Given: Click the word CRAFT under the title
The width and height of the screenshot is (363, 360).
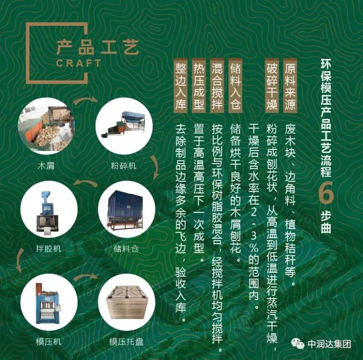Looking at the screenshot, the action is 79,63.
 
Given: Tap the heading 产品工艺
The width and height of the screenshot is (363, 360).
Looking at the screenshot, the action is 97,47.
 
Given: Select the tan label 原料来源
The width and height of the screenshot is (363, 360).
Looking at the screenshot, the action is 290,86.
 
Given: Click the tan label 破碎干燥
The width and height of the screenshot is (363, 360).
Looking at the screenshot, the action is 272,86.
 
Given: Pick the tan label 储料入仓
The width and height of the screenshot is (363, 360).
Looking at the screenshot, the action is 235,86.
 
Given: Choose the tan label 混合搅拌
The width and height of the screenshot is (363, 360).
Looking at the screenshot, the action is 217,86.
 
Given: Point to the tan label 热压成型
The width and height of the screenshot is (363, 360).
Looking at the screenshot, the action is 199,86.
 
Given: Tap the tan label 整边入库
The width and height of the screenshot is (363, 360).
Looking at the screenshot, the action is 180,86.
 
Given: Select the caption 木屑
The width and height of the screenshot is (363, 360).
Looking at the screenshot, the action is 46,166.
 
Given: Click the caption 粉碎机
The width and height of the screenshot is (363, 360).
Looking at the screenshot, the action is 124,166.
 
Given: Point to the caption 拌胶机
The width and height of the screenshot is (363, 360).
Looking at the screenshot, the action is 48,249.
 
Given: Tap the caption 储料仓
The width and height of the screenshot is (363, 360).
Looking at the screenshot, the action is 126,249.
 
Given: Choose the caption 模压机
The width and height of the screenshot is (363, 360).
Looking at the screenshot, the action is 48,341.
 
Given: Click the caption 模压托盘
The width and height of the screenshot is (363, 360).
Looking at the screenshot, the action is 127,341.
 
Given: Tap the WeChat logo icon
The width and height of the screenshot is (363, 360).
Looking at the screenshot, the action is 298,343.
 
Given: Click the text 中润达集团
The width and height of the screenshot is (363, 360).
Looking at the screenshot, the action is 329,344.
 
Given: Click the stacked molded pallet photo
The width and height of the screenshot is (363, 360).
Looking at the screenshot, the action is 127,302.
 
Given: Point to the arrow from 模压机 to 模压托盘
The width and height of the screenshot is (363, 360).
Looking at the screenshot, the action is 86,276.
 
